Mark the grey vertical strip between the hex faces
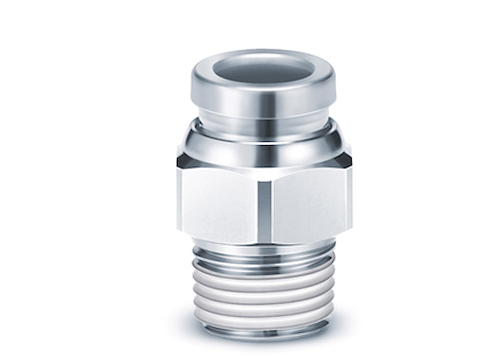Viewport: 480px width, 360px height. (264, 206)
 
